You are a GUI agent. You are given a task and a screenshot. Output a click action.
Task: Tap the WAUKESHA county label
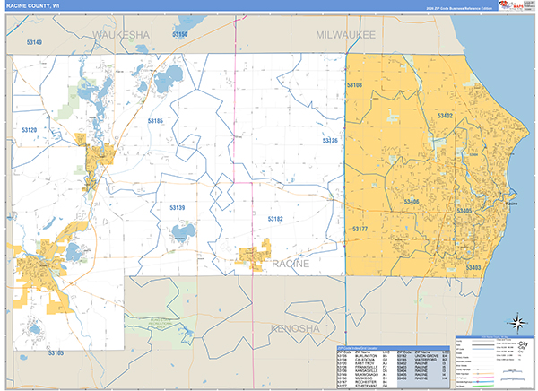(x=121, y=34)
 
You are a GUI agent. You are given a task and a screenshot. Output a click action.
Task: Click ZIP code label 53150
(x=180, y=34)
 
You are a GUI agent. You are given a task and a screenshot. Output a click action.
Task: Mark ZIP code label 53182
(x=274, y=218)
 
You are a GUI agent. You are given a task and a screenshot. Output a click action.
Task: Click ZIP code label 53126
(x=330, y=141)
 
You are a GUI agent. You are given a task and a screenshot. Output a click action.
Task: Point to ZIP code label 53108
(x=355, y=85)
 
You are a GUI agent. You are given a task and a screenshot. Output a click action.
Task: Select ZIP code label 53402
(x=444, y=117)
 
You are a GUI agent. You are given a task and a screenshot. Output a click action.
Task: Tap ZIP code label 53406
(x=412, y=203)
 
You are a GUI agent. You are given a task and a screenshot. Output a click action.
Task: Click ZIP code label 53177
(x=360, y=230)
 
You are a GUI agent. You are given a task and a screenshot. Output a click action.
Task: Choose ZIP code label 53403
(x=473, y=267)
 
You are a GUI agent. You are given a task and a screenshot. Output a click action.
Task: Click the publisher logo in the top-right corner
(x=513, y=9)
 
